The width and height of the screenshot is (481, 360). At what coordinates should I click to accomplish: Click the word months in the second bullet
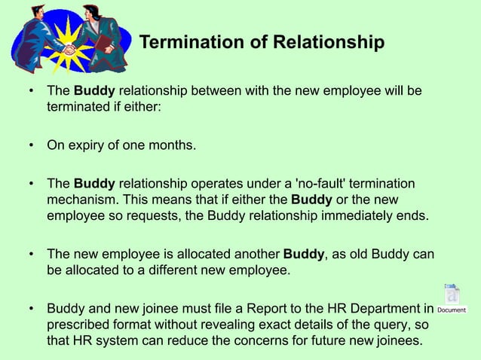(170, 142)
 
